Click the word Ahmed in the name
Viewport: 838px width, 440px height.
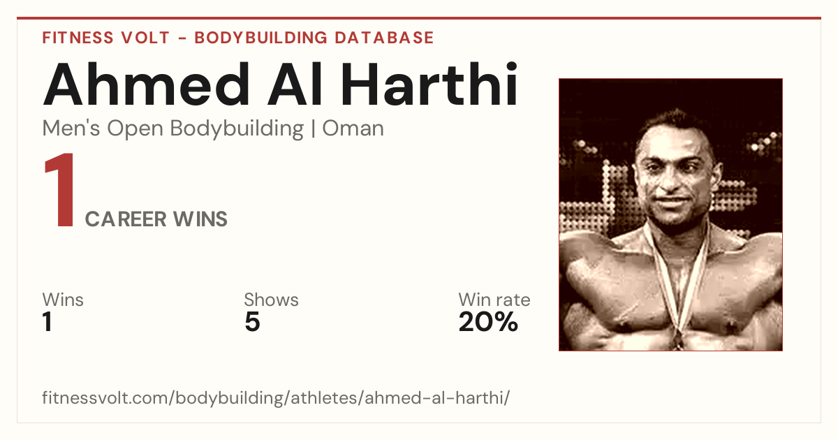coord(146,84)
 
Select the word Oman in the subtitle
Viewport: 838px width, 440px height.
coord(353,129)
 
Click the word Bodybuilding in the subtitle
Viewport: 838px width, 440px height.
coord(237,129)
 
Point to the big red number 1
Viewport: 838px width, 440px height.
coord(60,189)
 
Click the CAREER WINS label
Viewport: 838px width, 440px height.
coord(156,219)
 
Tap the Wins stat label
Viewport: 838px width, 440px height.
coord(63,300)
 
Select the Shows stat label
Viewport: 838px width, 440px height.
coord(271,300)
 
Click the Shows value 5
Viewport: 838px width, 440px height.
coord(253,321)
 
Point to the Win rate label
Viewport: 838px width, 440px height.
coord(494,300)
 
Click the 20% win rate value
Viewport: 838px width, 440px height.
coord(488,321)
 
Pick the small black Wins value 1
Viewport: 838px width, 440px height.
coord(47,321)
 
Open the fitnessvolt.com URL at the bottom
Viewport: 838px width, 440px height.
coord(276,397)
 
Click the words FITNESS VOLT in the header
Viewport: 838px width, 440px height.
coord(106,38)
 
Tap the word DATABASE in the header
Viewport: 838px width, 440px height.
coord(384,38)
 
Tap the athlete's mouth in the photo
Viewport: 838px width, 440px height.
coord(672,200)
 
